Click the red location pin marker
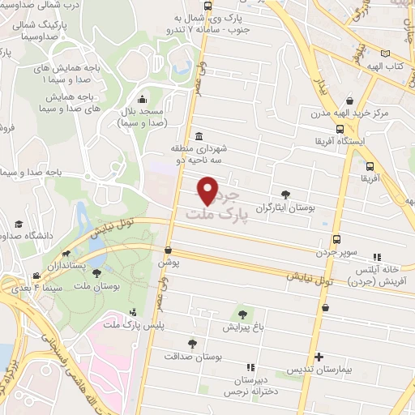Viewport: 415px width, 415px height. (x=208, y=190)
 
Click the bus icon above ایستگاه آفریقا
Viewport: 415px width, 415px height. (x=340, y=128)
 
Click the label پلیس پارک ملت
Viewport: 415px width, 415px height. (x=123, y=325)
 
